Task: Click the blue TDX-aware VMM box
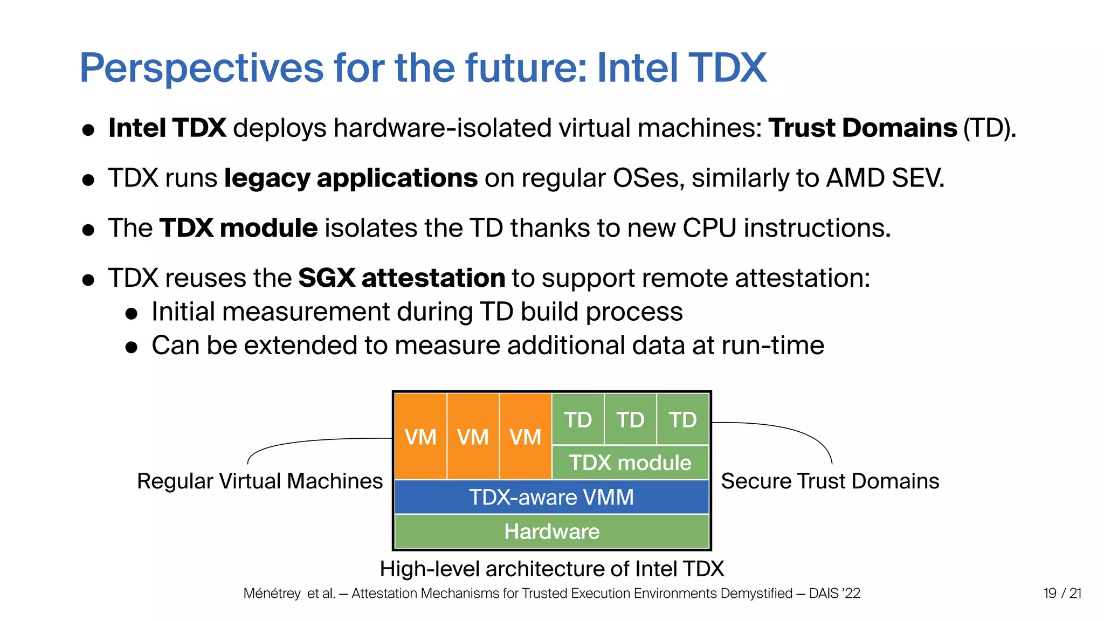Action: [x=551, y=497]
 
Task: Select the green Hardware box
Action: [x=551, y=532]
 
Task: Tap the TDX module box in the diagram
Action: [x=630, y=463]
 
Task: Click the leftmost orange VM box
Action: [x=420, y=437]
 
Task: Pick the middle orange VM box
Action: [x=473, y=437]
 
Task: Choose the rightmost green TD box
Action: [x=682, y=419]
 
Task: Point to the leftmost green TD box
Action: [x=578, y=419]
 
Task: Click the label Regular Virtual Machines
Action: [x=260, y=481]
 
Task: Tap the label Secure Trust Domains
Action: [x=830, y=481]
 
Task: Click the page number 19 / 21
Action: [x=1062, y=594]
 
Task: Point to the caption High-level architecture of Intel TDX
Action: [x=551, y=569]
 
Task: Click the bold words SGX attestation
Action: [x=402, y=278]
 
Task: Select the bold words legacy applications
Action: [x=351, y=178]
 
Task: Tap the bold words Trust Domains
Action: [x=863, y=128]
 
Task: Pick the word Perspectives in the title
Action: [x=202, y=68]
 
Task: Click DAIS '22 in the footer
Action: [x=834, y=594]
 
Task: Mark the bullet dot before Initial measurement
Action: [x=132, y=314]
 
